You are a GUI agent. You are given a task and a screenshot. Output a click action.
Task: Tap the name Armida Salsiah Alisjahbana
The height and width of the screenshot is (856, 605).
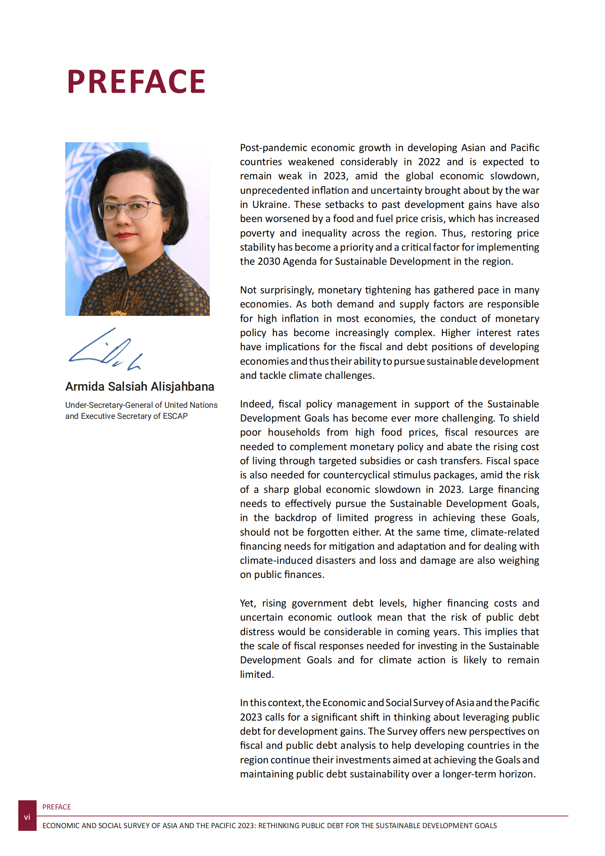[x=140, y=386]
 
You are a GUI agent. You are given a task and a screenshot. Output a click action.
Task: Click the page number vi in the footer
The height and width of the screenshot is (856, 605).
[x=27, y=817]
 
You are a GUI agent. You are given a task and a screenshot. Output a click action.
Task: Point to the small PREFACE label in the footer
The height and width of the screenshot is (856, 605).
[x=56, y=807]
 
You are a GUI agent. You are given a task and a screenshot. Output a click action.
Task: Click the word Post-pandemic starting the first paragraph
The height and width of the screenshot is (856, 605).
[x=273, y=148]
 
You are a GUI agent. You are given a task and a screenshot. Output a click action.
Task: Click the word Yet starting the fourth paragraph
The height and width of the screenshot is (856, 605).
[x=248, y=603]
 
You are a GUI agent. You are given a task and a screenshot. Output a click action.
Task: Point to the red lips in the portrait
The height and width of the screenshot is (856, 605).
[x=125, y=235]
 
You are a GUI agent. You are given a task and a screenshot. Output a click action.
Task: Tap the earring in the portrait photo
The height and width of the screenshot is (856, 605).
[x=166, y=229]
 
